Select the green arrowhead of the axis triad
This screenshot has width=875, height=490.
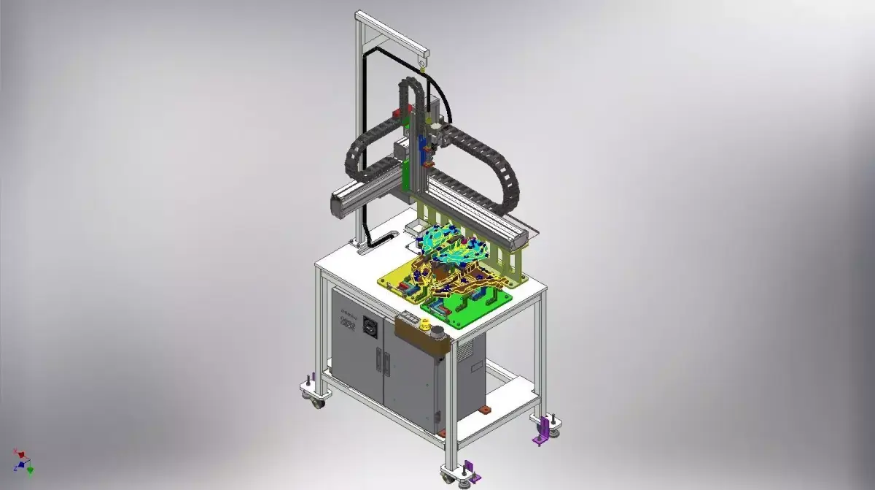click(x=31, y=470)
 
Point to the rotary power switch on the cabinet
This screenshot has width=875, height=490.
click(x=370, y=327)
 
